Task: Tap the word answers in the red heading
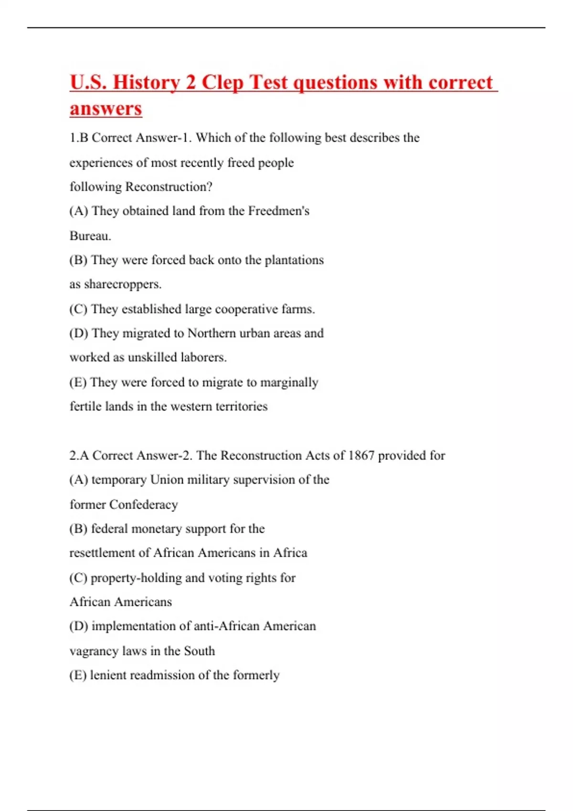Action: (106, 108)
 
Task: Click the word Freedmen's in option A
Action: (278, 211)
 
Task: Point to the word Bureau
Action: (90, 236)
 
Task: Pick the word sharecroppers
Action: (123, 284)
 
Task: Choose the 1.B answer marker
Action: (79, 138)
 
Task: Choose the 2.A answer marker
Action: (79, 455)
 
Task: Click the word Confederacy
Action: (143, 504)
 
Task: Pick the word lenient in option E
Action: (108, 675)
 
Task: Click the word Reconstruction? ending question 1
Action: (168, 187)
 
